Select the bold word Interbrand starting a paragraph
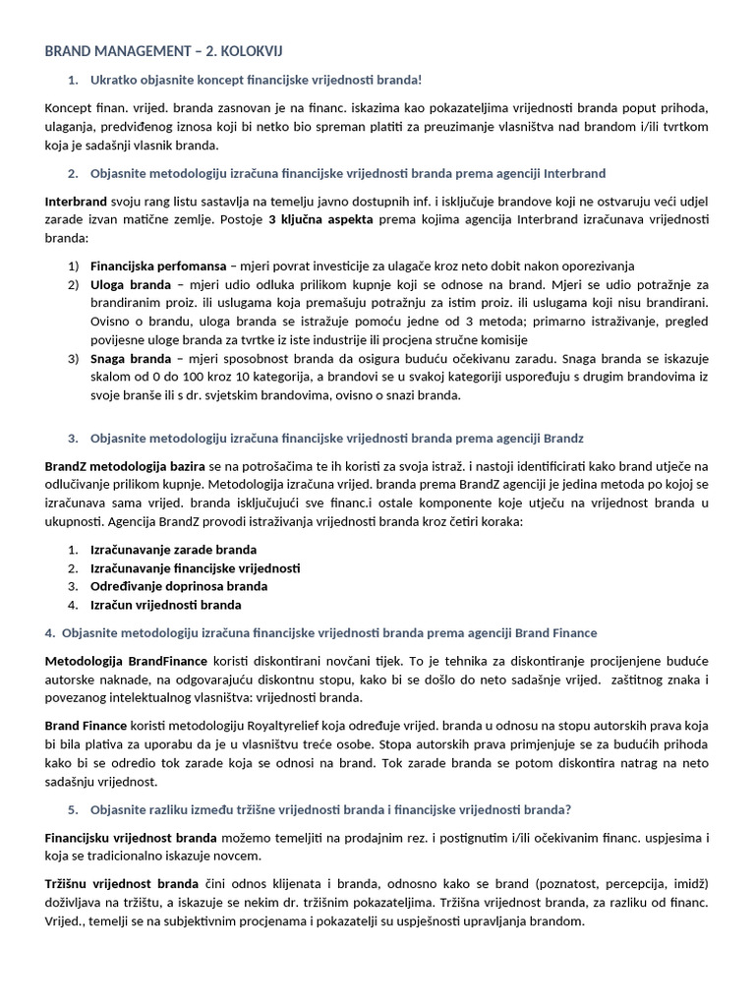[76, 202]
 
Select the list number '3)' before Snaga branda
[74, 358]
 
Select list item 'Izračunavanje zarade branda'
[173, 550]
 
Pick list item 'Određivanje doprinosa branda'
[178, 586]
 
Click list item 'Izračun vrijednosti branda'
[165, 605]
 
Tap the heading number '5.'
[73, 809]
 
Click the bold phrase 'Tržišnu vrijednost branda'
[121, 884]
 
